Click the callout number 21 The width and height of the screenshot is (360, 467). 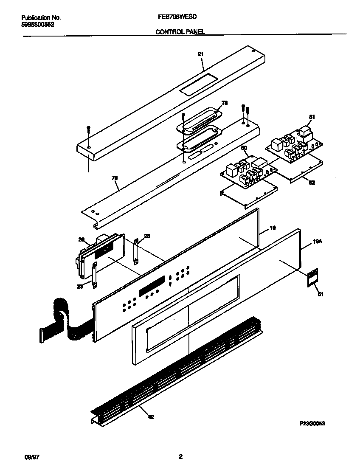point(201,54)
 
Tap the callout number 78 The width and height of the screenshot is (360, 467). point(225,103)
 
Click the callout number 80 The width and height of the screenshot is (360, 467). point(244,148)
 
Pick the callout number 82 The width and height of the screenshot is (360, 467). point(312,182)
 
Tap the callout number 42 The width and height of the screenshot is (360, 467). point(151,417)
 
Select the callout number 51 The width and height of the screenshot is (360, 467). point(321,294)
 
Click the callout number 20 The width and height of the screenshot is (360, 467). point(82,239)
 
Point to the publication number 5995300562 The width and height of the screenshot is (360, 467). point(37,24)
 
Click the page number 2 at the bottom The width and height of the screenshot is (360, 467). point(180,457)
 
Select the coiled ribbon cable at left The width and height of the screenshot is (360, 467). point(64,318)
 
